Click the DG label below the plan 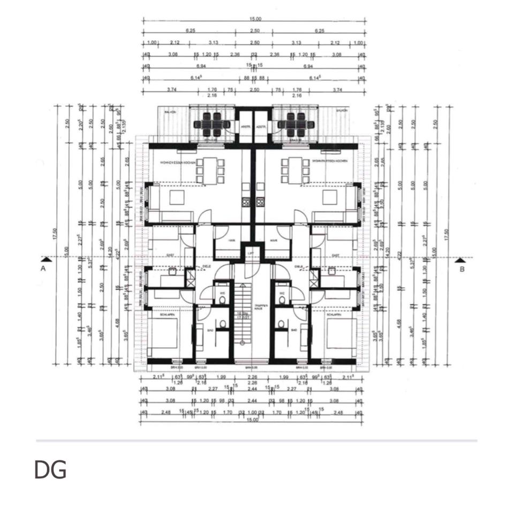click(50, 470)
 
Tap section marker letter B click(462, 269)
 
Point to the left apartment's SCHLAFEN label click(153, 315)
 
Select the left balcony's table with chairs click(212, 124)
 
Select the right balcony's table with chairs click(292, 124)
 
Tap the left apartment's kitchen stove click(246, 202)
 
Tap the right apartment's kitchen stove click(260, 202)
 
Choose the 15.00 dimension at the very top click(255, 19)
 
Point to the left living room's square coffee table click(177, 198)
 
